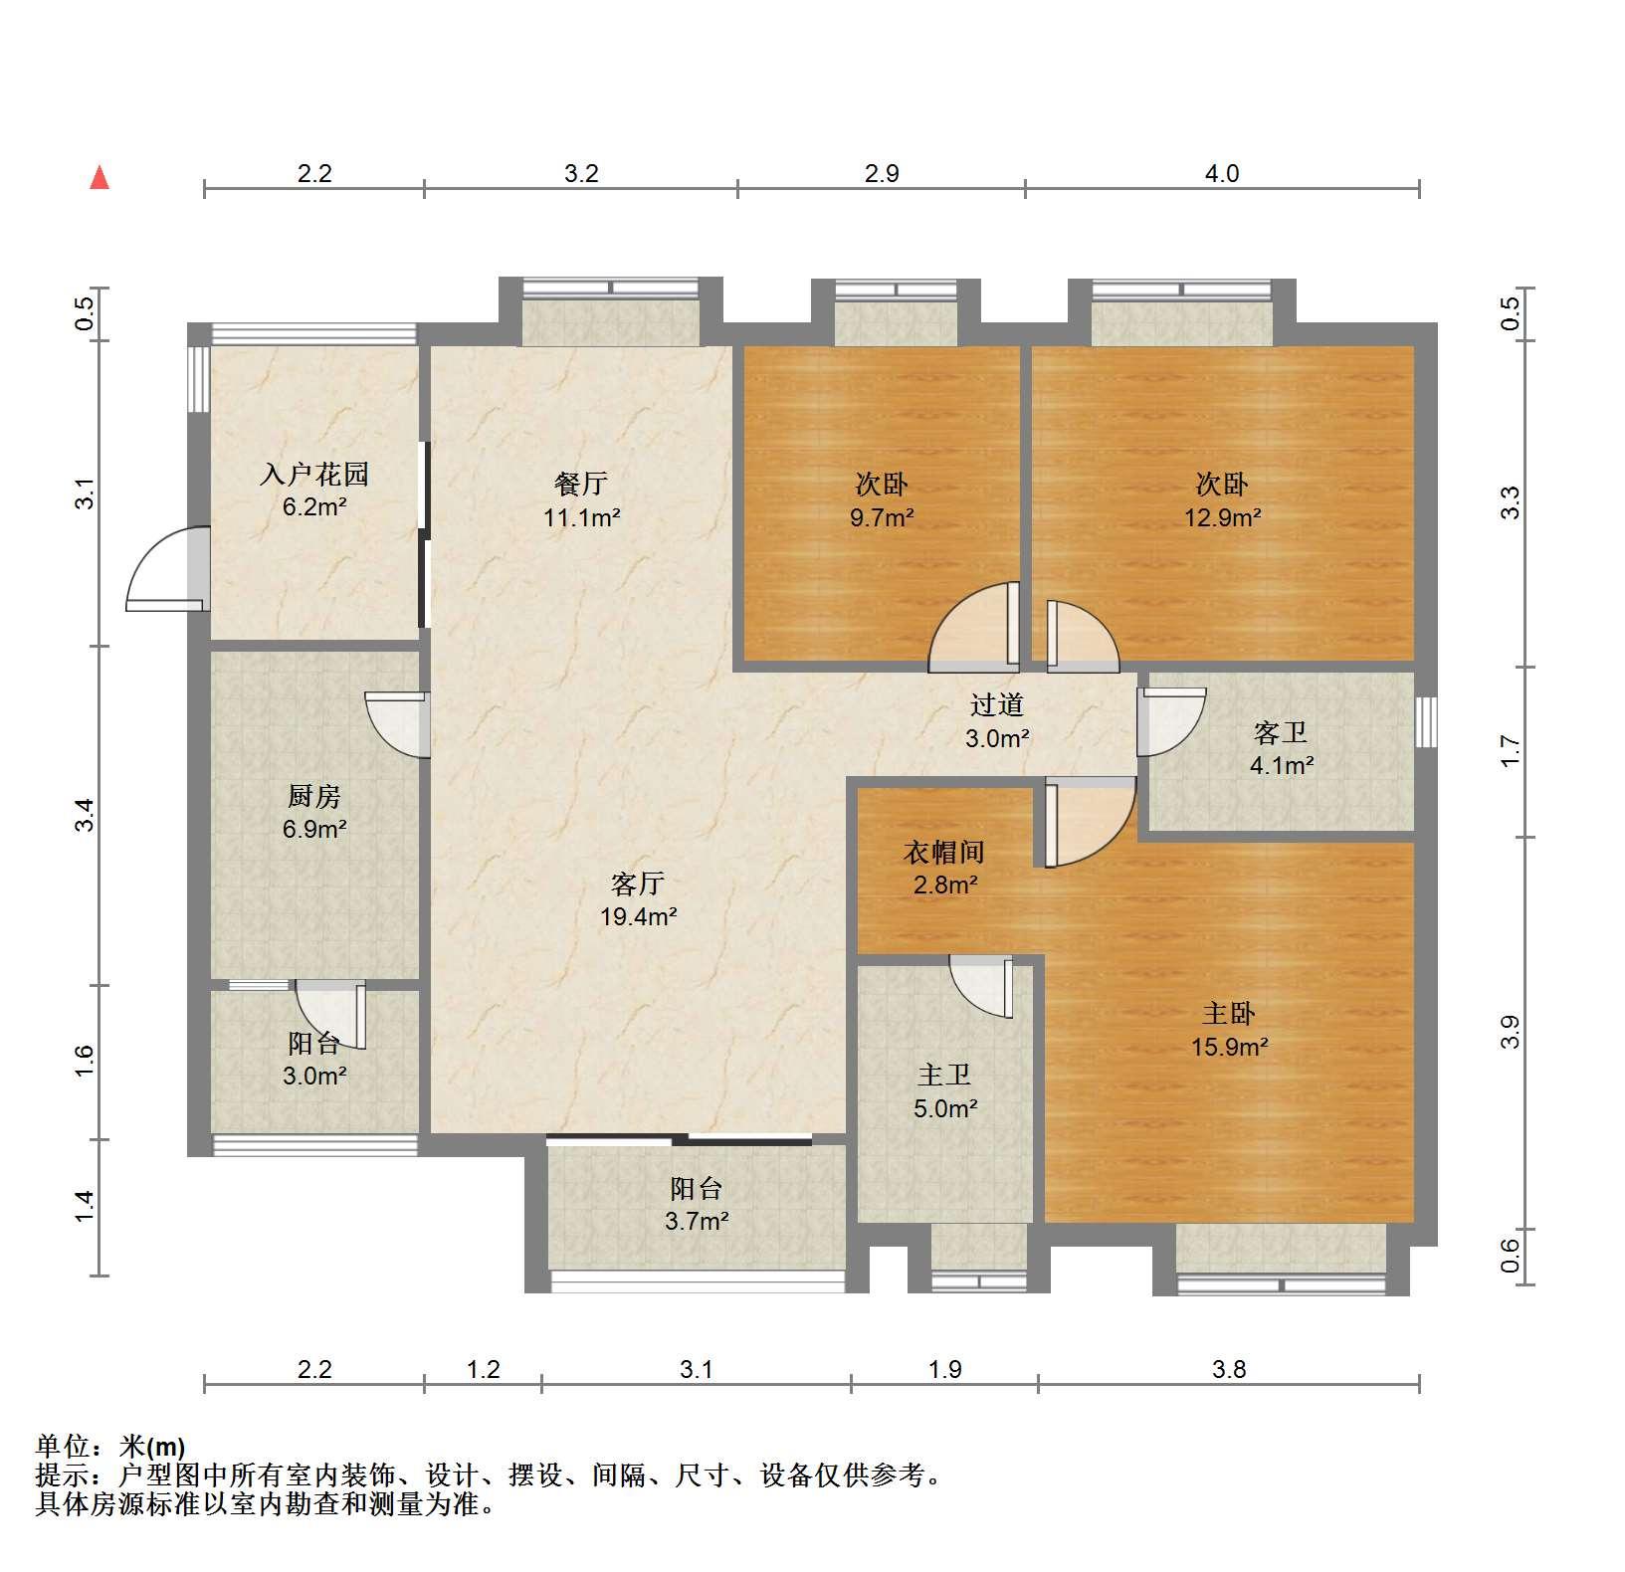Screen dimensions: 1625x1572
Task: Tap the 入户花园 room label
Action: pyautogui.click(x=314, y=474)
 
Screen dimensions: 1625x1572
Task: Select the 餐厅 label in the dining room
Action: pyautogui.click(x=581, y=484)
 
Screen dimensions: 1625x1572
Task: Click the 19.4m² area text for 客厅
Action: pyautogui.click(x=638, y=916)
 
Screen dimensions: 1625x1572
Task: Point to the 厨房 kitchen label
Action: pyautogui.click(x=314, y=796)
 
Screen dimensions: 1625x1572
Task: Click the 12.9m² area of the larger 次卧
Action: pyautogui.click(x=1222, y=517)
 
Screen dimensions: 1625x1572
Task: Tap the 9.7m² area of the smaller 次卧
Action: pyautogui.click(x=882, y=517)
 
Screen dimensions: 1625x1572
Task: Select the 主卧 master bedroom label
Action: pyautogui.click(x=1229, y=1014)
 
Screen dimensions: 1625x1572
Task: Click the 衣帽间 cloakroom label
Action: pyautogui.click(x=944, y=852)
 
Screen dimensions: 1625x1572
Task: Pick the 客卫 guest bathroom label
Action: pyautogui.click(x=1281, y=733)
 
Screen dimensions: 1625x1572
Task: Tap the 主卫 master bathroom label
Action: pyautogui.click(x=944, y=1075)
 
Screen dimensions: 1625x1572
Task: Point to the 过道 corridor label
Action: pyautogui.click(x=997, y=705)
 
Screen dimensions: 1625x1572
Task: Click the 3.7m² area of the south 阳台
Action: pyautogui.click(x=697, y=1221)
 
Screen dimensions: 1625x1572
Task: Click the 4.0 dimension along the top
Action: pyautogui.click(x=1222, y=174)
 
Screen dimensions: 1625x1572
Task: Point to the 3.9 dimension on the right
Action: pyautogui.click(x=1511, y=1032)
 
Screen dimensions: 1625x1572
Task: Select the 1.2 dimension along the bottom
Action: pyautogui.click(x=484, y=1370)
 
